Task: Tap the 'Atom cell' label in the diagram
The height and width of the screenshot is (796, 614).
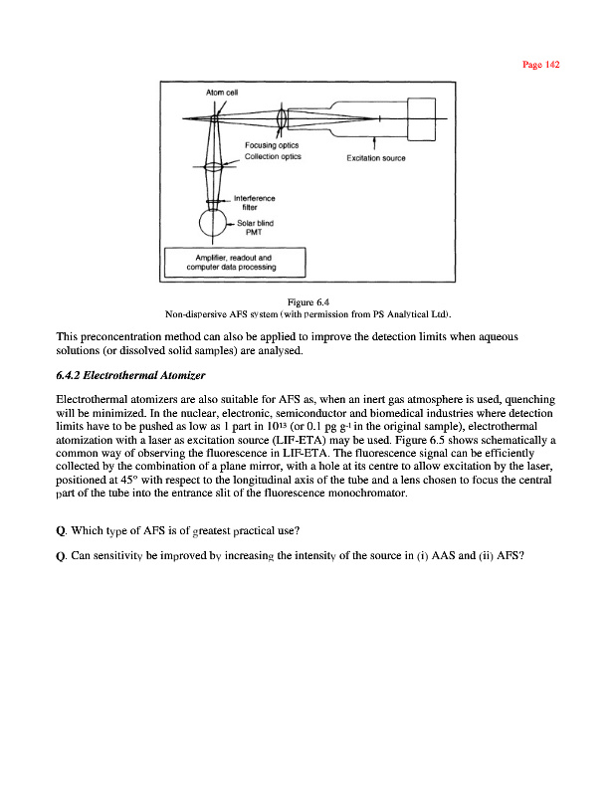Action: pyautogui.click(x=221, y=93)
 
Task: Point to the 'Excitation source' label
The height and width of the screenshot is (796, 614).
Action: pyautogui.click(x=375, y=157)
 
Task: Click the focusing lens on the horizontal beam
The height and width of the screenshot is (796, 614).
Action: pyautogui.click(x=284, y=118)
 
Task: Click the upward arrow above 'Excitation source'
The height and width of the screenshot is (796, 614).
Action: pyautogui.click(x=374, y=140)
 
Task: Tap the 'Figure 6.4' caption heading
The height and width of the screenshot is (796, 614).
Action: pyautogui.click(x=308, y=301)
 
